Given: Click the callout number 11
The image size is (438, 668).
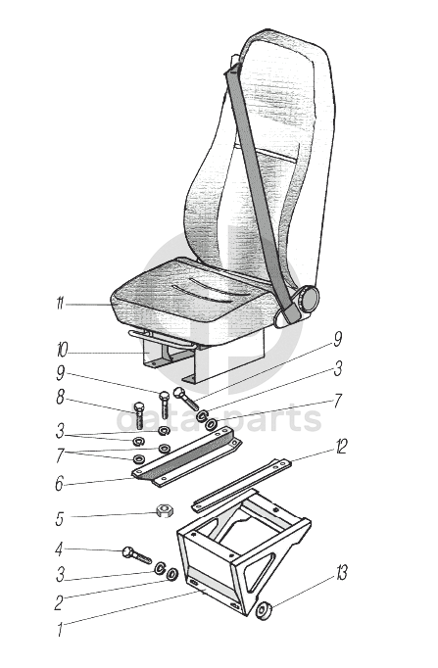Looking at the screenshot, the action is (x=60, y=305).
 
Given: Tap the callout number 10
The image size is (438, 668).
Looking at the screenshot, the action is (x=62, y=351).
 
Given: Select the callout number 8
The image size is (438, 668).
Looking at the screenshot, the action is (x=60, y=398).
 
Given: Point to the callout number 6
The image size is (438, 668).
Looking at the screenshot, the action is (x=59, y=484).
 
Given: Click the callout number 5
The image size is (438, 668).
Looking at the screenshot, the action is (x=60, y=518).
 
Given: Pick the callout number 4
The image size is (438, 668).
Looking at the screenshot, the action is (x=59, y=549).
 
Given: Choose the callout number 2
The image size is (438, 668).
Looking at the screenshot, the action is (x=59, y=602).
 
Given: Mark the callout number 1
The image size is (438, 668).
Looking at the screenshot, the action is (x=60, y=630).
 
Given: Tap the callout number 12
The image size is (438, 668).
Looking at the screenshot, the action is (x=341, y=446).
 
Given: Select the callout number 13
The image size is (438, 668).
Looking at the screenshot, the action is (x=342, y=573).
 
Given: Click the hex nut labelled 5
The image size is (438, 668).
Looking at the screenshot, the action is (x=164, y=510).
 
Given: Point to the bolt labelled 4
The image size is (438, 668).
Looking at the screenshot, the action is (x=137, y=555).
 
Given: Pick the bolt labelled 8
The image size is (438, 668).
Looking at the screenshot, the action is (x=139, y=414).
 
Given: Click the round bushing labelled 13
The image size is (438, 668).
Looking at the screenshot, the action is (x=265, y=611).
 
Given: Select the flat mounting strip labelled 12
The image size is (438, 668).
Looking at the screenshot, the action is (x=242, y=485).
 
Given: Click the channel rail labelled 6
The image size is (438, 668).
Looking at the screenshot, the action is (x=187, y=457).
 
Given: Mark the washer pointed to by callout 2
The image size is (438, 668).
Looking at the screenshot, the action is (x=172, y=574).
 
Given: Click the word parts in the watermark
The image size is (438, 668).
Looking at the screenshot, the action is (x=277, y=419).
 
